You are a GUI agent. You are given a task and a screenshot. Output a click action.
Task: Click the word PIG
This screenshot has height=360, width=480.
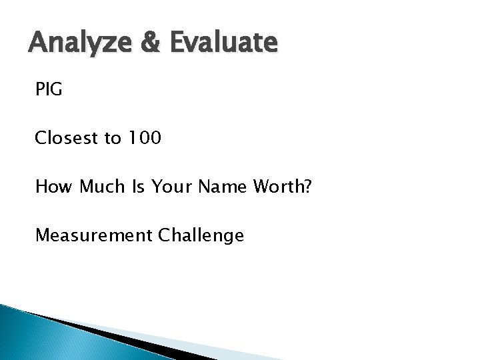tap(49, 89)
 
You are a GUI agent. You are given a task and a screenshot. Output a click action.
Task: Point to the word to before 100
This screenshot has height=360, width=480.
tap(113, 139)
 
